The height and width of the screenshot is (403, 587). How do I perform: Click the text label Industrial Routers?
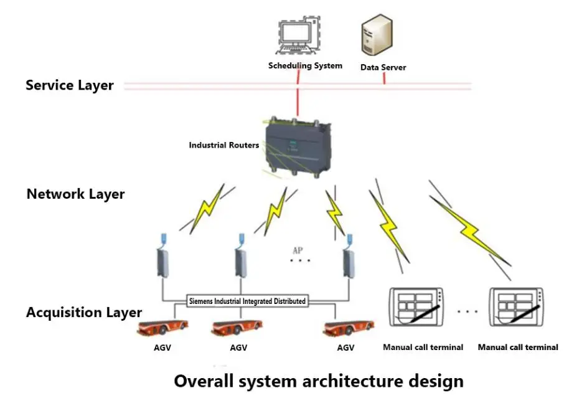pyautogui.click(x=224, y=145)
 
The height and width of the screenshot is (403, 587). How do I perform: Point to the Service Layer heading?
pyautogui.click(x=70, y=85)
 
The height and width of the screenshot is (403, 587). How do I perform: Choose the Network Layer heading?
pyautogui.click(x=75, y=194)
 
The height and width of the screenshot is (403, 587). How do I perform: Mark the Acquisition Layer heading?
pyautogui.click(x=84, y=313)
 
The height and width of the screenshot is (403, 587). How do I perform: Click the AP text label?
pyautogui.click(x=298, y=250)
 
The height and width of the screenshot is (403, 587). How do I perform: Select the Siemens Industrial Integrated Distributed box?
pyautogui.click(x=248, y=301)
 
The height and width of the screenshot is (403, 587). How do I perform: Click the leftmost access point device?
pyautogui.click(x=163, y=257)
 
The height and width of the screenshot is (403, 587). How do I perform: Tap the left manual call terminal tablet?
pyautogui.click(x=416, y=306)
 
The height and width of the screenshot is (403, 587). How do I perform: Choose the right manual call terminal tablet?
pyautogui.click(x=517, y=306)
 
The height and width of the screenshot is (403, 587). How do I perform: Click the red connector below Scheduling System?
pyautogui.click(x=299, y=100)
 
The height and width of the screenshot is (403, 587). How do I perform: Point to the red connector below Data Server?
pyautogui.click(x=384, y=78)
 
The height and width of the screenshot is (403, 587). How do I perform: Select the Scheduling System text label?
pyautogui.click(x=305, y=65)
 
